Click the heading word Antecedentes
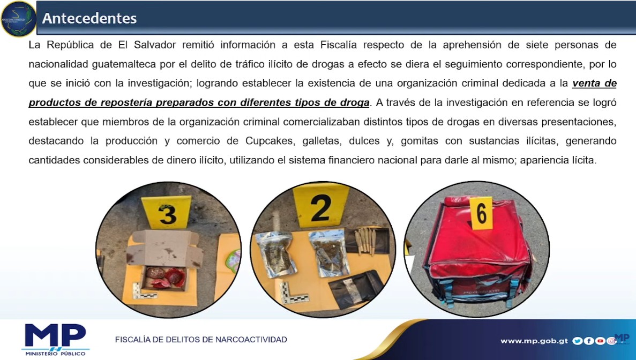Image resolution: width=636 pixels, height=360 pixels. tap(89, 18)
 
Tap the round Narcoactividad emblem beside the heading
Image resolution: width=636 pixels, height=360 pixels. tap(18, 19)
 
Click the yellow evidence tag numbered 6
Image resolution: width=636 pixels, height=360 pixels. tap(481, 214)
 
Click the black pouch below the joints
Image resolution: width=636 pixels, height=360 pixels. tap(355, 289)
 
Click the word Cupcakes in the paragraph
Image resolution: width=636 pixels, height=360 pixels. tap(270, 141)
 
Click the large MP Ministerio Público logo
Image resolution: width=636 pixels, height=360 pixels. tap(56, 339)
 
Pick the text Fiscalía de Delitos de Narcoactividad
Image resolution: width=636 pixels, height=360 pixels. tap(201, 339)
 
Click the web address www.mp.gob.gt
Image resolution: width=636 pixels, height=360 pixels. tap(534, 341)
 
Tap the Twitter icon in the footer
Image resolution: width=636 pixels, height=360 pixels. tap(577, 341)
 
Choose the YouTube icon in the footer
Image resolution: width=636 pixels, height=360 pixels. tap(600, 341)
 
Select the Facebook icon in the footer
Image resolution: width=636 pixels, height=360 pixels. tap(589, 341)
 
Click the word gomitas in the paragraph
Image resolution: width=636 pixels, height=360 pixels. tap(420, 141)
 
